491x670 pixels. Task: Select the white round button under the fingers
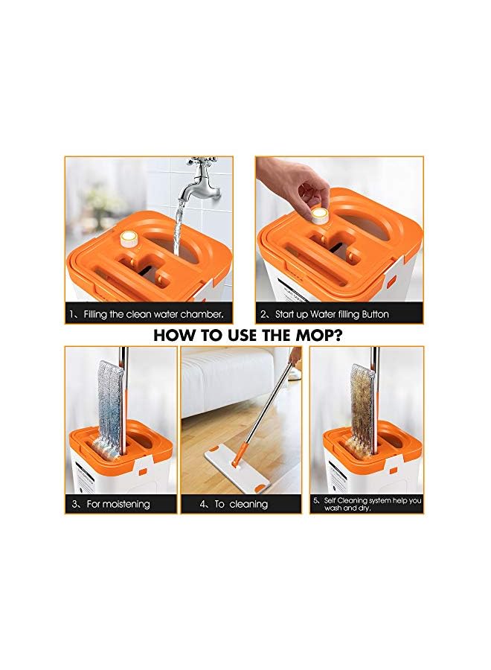click(x=319, y=216)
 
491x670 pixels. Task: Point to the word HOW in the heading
click(x=176, y=335)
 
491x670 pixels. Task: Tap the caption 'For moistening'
click(x=118, y=504)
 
